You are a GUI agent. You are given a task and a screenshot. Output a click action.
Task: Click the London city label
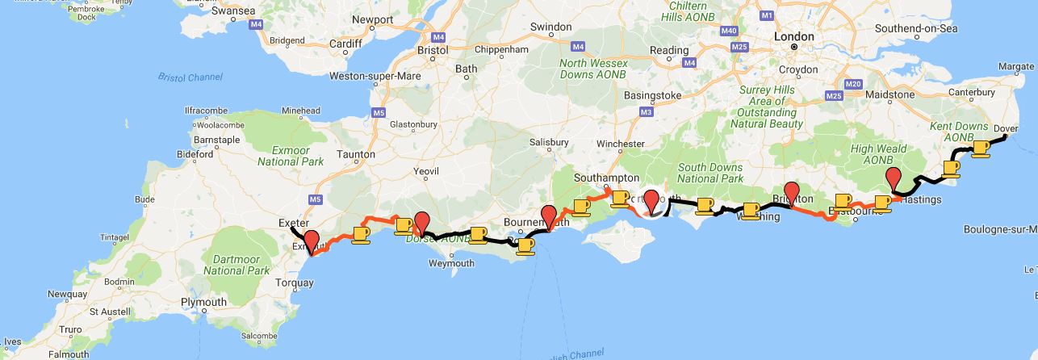pos(793,36)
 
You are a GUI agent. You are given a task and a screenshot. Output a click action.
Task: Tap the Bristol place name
pos(433,50)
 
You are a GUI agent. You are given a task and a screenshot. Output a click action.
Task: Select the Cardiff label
pos(346,44)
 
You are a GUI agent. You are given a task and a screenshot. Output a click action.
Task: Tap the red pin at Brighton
pos(792,195)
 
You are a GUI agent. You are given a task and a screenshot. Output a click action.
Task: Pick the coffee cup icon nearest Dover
pos(981,149)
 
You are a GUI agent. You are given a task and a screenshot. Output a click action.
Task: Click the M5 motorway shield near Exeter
pos(315,199)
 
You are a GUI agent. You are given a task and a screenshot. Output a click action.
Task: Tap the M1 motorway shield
pos(766,15)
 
